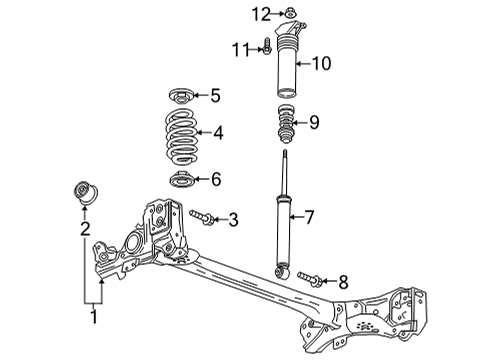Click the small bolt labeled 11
click(268, 46)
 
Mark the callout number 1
click(94, 319)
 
